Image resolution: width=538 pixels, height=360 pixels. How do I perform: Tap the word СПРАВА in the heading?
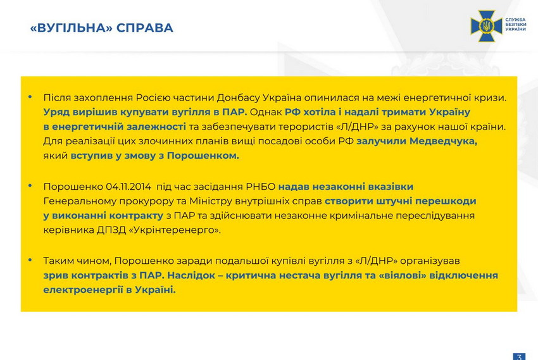pyautogui.click(x=144, y=28)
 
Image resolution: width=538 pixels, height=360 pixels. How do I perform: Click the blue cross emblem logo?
pyautogui.click(x=486, y=26)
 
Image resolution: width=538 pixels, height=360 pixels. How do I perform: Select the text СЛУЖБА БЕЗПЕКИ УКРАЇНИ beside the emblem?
pyautogui.click(x=515, y=25)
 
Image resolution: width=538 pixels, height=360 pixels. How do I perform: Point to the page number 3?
pyautogui.click(x=520, y=357)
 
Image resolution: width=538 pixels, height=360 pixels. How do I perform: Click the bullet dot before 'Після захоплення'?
pyautogui.click(x=30, y=97)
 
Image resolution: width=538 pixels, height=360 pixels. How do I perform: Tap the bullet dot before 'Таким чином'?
pyautogui.click(x=30, y=260)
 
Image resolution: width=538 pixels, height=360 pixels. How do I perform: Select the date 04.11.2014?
pyautogui.click(x=128, y=187)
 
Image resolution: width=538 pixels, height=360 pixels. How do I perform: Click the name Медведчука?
pyautogui.click(x=443, y=141)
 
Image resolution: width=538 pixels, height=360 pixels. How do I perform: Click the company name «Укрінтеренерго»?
pyautogui.click(x=175, y=230)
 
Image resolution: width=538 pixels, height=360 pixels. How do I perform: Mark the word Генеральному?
pyautogui.click(x=80, y=201)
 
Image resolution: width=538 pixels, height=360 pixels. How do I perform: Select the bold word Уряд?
pyautogui.click(x=56, y=113)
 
